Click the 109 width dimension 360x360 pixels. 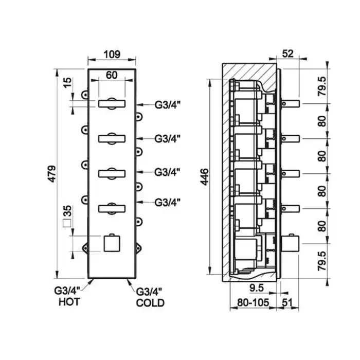coord(112,55)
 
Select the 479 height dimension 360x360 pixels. coord(52,174)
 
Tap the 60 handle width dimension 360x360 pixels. coord(112,75)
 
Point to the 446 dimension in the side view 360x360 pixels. coord(204,176)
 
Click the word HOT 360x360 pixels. coord(69,302)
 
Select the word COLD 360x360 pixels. coord(150,303)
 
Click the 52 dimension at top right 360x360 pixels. coord(287,53)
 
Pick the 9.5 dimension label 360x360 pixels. coord(257,287)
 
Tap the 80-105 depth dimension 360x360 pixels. coord(253,302)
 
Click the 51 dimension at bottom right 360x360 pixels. coord(287,302)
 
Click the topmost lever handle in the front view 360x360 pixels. coord(112,103)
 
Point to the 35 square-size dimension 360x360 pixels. coord(67,211)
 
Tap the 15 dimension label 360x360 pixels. coord(67,83)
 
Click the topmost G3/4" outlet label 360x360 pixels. coord(167,105)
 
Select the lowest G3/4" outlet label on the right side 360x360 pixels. coord(167,203)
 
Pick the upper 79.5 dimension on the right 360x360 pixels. coord(322,86)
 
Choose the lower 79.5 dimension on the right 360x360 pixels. coord(322,261)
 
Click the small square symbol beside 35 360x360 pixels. coord(67,223)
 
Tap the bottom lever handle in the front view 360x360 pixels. coord(112,209)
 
